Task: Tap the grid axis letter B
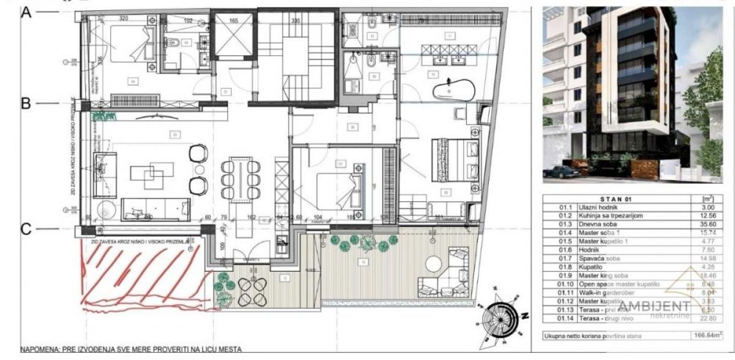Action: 25,104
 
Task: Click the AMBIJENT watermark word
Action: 656,306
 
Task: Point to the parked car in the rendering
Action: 562,171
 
